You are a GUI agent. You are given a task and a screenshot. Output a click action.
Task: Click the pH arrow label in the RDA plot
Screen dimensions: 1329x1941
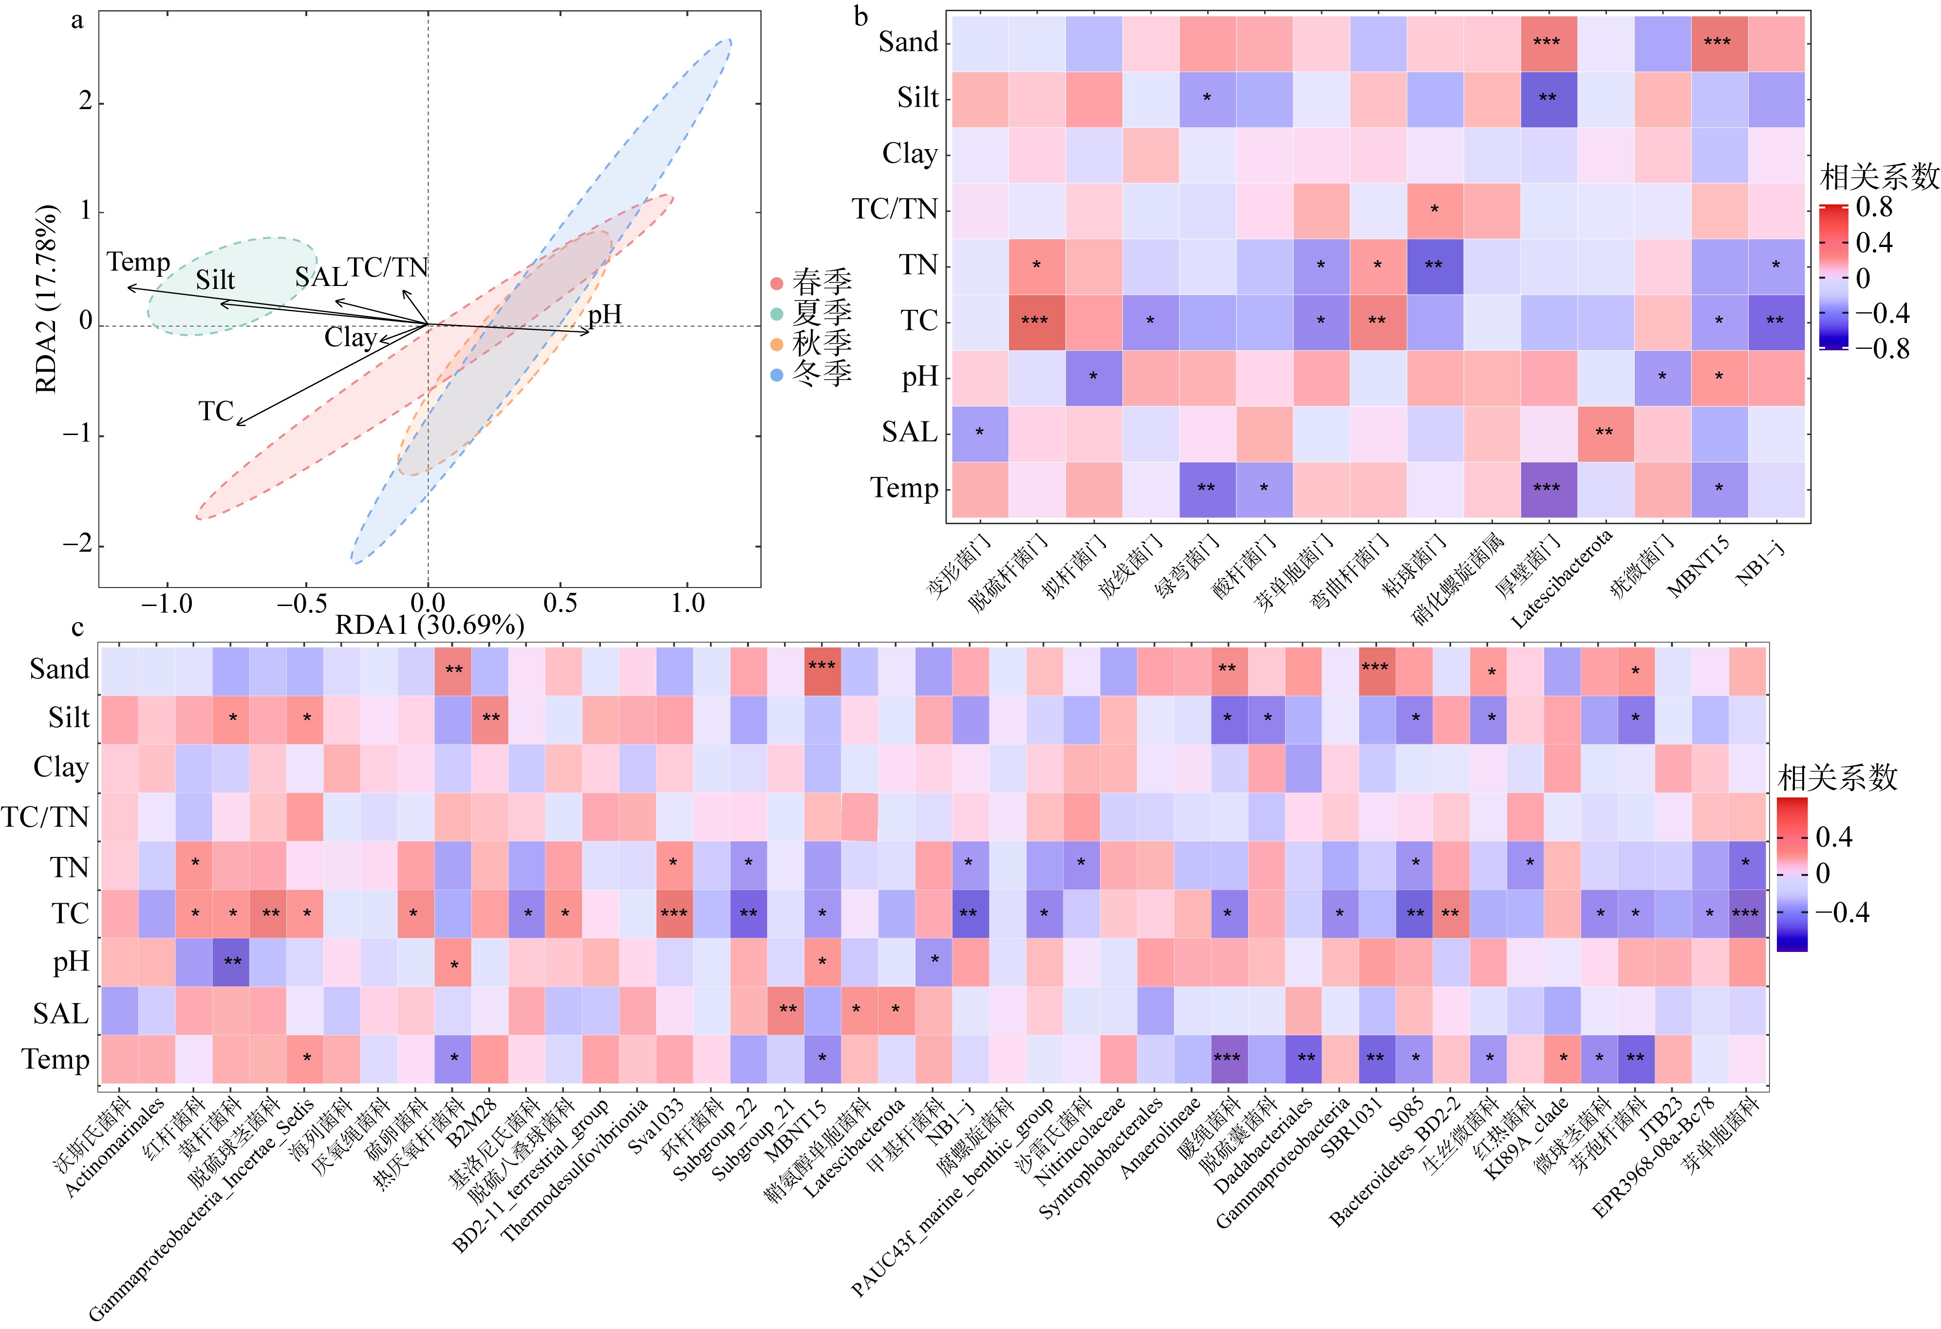(x=605, y=314)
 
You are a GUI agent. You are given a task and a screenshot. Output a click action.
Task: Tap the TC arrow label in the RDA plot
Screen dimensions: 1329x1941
(x=216, y=411)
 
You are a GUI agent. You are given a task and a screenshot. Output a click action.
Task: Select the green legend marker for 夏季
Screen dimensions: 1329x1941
(x=777, y=314)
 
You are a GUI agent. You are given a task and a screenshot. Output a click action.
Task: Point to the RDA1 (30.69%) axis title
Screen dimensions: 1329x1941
(x=429, y=625)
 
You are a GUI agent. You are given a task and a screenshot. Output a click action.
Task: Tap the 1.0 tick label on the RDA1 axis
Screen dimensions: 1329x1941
(x=688, y=603)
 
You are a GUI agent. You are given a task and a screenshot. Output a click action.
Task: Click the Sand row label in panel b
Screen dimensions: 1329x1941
(x=909, y=42)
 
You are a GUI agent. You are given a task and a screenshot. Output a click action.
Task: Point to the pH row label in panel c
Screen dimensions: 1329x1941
(x=71, y=962)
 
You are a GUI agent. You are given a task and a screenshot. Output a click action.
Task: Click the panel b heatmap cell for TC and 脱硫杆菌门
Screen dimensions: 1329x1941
(x=1036, y=321)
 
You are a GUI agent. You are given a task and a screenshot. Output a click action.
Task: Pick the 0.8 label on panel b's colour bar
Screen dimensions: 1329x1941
(x=1873, y=207)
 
